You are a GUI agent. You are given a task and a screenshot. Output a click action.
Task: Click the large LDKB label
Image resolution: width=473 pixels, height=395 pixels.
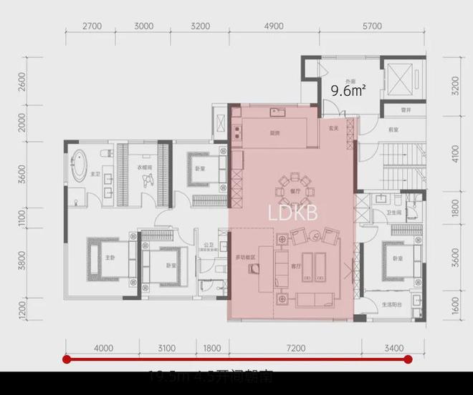(x=292, y=213)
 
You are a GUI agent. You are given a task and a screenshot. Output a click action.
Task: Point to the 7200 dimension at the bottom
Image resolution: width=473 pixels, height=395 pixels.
(x=295, y=348)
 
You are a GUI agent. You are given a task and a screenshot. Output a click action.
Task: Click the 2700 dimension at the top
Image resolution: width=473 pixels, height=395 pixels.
(x=92, y=26)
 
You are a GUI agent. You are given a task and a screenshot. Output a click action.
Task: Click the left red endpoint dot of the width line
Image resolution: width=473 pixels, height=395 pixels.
(x=67, y=359)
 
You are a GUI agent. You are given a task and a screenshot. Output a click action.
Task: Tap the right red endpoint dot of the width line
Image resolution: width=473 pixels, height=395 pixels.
(x=408, y=359)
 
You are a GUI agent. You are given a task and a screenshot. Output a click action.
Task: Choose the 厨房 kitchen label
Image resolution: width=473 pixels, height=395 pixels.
(x=274, y=132)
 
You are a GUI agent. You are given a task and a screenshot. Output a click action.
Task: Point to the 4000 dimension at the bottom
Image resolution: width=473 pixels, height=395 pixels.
(x=104, y=348)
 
